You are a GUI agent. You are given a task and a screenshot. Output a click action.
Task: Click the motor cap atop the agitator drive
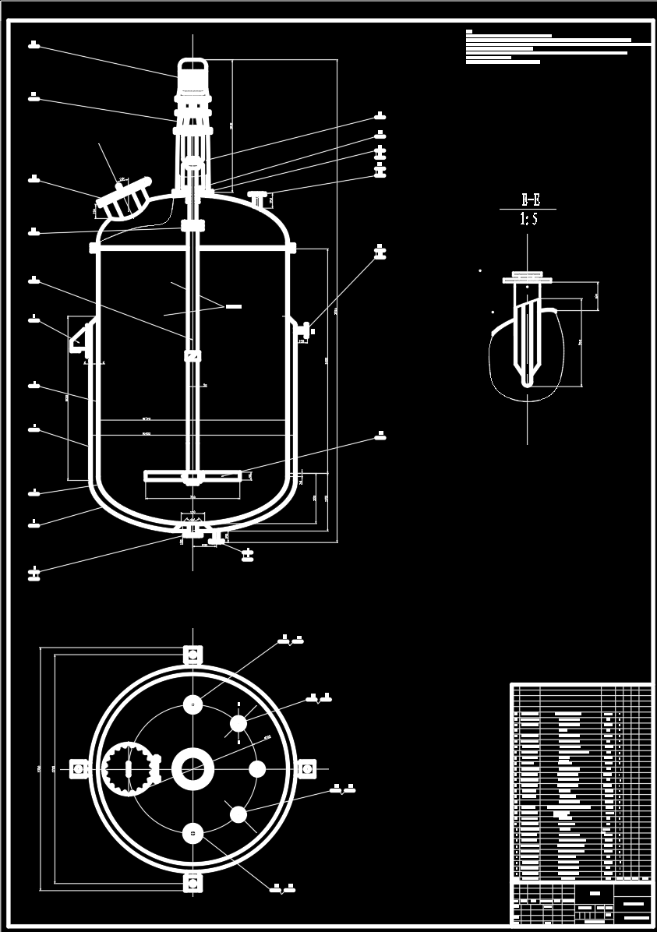pyautogui.click(x=192, y=65)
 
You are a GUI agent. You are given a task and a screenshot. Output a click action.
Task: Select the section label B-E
pyautogui.click(x=528, y=199)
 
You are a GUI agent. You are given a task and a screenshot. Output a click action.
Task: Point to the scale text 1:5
pyautogui.click(x=528, y=220)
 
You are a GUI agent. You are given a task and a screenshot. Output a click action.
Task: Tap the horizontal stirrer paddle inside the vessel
pyautogui.click(x=192, y=475)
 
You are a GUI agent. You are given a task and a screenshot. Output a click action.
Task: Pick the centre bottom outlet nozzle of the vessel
pyautogui.click(x=191, y=529)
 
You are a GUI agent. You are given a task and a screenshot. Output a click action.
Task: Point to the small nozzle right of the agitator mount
pyautogui.click(x=256, y=196)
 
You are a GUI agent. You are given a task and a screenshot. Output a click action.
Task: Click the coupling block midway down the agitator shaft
pyautogui.click(x=192, y=356)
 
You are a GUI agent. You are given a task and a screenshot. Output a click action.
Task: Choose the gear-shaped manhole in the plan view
pyautogui.click(x=127, y=769)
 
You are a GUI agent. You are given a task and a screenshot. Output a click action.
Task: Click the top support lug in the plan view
pyautogui.click(x=193, y=654)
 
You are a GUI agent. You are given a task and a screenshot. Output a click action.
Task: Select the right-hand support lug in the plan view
pyautogui.click(x=306, y=769)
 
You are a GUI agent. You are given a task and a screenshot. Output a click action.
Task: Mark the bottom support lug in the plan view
pyautogui.click(x=193, y=883)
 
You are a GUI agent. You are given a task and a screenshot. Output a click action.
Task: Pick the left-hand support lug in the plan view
pyautogui.click(x=79, y=769)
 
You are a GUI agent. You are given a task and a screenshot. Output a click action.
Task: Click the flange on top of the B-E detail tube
pyautogui.click(x=528, y=275)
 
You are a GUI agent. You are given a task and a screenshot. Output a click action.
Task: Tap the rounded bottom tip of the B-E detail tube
pyautogui.click(x=528, y=382)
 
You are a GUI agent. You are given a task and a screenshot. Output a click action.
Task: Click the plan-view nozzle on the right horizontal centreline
pyautogui.click(x=257, y=769)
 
